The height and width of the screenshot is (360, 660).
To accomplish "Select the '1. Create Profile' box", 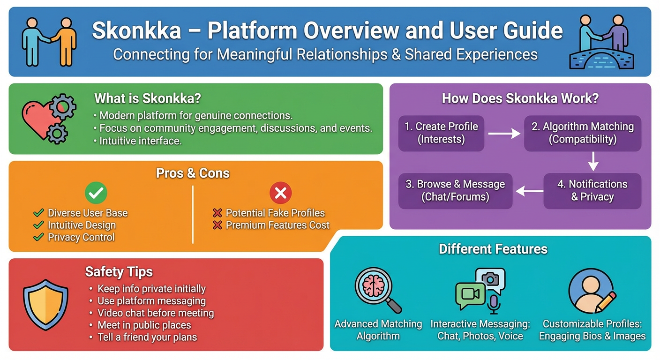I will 441,133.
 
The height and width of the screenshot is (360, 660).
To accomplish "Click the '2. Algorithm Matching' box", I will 582,133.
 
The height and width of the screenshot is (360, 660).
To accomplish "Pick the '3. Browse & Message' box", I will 455,190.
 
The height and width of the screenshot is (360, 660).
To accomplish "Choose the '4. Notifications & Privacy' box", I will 592,190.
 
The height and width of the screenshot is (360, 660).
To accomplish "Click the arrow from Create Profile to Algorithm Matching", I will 504,134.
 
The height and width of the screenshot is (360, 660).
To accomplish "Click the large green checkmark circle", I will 96,192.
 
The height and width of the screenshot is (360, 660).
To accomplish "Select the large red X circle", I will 280,192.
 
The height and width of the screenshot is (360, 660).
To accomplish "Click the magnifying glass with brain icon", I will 378,290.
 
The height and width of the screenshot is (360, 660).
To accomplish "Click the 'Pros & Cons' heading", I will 193,173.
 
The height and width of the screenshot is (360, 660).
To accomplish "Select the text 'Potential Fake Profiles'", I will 275,213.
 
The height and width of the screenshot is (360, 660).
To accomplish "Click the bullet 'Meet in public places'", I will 144,325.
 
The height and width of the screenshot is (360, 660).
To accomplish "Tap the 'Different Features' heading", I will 493,248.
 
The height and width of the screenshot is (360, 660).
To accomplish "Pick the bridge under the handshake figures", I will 601,59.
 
